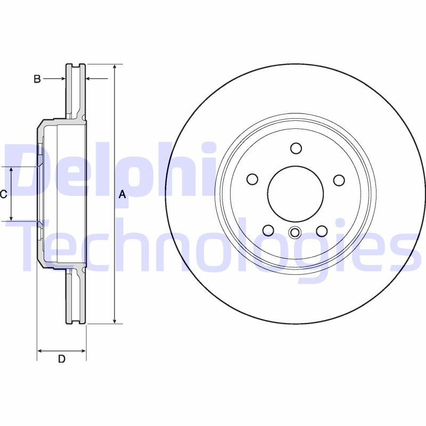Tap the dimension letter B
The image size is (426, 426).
[37, 79]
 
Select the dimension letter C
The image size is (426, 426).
[3, 194]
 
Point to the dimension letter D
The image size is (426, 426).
[62, 359]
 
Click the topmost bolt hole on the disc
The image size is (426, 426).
[296, 148]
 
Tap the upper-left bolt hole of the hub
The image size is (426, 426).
[253, 180]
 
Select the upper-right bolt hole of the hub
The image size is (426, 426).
[339, 180]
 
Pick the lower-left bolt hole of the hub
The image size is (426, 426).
[268, 230]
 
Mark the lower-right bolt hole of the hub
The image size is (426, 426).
[322, 230]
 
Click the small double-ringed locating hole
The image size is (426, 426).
[295, 232]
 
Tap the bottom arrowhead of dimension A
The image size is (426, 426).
[115, 320]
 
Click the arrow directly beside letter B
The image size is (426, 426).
[60, 79]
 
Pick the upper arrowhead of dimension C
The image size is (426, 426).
[12, 170]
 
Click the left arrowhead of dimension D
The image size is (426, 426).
[40, 351]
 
